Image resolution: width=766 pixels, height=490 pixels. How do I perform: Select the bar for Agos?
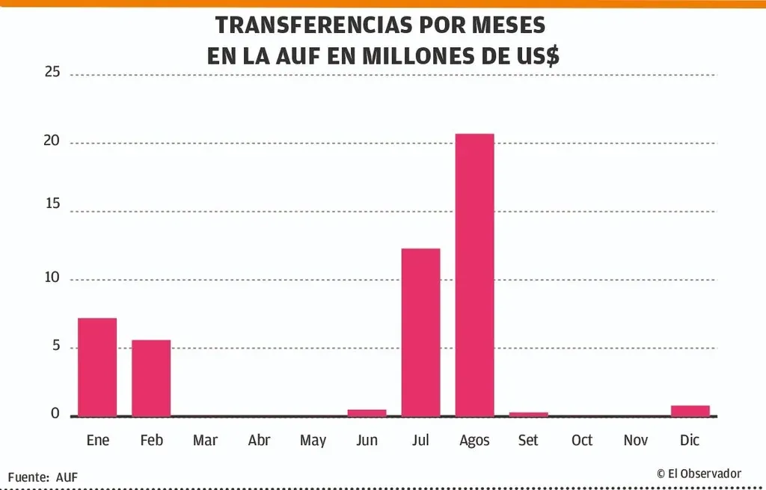click(x=474, y=275)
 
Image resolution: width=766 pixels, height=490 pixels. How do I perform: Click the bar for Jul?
click(x=420, y=332)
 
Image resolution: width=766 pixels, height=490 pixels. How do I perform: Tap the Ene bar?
click(x=97, y=367)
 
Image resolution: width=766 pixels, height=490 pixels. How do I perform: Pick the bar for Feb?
click(x=151, y=378)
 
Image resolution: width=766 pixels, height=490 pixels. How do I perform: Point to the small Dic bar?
click(x=690, y=411)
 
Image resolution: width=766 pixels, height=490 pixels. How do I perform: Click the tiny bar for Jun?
click(x=367, y=412)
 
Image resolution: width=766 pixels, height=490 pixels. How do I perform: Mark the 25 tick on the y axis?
click(x=52, y=73)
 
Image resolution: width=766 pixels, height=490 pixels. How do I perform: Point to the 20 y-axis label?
click(x=52, y=141)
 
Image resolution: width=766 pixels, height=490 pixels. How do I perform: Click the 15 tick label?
click(x=52, y=209)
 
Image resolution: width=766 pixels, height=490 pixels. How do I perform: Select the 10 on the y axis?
click(x=52, y=278)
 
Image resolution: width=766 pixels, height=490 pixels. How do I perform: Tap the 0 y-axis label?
click(x=55, y=414)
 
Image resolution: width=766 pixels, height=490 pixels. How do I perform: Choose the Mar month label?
click(x=205, y=440)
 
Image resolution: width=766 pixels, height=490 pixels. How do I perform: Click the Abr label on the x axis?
click(x=259, y=440)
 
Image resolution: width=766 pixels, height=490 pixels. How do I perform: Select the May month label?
click(x=313, y=441)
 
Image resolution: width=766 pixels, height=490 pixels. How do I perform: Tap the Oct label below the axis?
click(x=582, y=440)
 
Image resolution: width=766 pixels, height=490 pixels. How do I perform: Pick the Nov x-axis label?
click(x=636, y=440)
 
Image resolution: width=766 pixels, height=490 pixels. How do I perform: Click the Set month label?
click(x=528, y=440)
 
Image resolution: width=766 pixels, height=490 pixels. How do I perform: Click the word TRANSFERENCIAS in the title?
click(x=313, y=25)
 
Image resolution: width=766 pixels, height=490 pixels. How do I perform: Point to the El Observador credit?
click(x=699, y=473)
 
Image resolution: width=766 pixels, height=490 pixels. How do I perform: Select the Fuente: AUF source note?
click(x=43, y=477)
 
